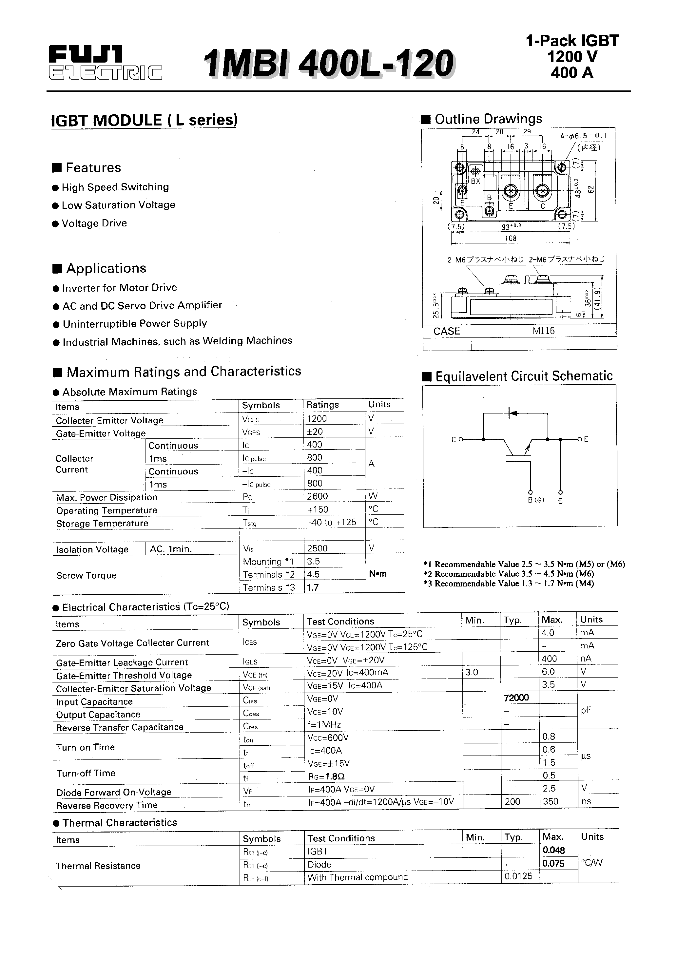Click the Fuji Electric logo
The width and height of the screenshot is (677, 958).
pos(105,63)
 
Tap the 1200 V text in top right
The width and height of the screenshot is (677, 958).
pos(572,57)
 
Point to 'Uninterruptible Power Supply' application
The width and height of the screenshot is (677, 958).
pos(134,324)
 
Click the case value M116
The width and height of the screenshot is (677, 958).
pos(543,331)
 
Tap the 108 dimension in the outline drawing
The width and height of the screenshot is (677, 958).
pos(511,238)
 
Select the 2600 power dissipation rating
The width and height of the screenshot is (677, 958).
pos(317,496)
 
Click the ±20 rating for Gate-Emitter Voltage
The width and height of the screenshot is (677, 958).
pos(315,432)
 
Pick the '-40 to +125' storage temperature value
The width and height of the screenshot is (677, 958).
pos(331,522)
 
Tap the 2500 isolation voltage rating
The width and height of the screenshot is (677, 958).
pos(317,548)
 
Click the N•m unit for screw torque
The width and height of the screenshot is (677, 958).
pos(378,574)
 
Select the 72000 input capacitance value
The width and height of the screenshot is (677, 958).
pos(516,698)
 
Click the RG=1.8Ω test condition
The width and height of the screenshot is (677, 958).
pos(326,776)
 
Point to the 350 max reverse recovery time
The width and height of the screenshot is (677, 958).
pos(551,801)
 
